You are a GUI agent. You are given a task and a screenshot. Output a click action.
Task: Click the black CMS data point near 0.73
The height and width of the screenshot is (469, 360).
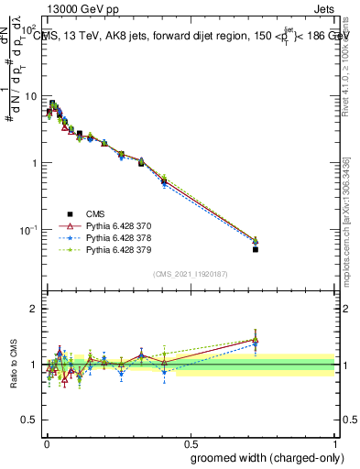tap(256, 249)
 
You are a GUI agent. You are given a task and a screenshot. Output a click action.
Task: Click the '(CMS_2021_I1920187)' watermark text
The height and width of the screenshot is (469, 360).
tap(191, 274)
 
